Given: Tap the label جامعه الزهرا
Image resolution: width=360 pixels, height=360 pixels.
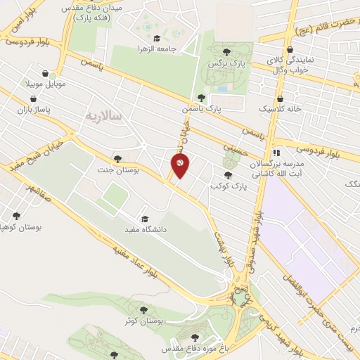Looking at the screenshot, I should coord(156,49).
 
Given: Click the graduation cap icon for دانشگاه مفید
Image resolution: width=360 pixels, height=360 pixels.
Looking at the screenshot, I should coord(145,219).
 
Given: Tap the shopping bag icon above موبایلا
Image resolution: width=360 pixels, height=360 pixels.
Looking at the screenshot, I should coord(46,73).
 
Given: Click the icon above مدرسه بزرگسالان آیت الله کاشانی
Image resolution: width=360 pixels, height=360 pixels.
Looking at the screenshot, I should coord(277,152).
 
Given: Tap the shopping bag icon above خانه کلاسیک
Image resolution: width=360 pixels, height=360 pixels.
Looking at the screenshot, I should coord(281,99).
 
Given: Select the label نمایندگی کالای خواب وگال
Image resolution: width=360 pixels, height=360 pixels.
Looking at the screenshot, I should coord(292,66).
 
